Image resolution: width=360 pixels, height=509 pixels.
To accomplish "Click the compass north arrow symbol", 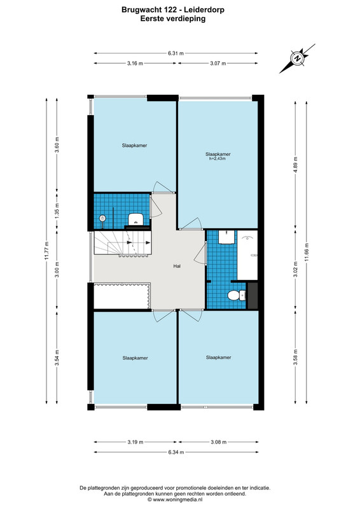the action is (297, 59).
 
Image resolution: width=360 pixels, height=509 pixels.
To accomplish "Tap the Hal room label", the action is (177, 266).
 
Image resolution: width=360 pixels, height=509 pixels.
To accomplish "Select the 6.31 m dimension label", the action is (176, 53).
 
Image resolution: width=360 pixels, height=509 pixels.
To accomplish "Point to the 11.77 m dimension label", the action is (46, 251).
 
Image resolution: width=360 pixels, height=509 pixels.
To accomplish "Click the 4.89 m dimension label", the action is (295, 165).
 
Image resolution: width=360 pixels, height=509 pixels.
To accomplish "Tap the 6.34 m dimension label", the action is (176, 452).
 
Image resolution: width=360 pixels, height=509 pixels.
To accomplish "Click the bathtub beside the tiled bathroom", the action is (247, 255).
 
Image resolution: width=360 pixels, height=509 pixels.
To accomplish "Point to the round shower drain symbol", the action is (102, 218).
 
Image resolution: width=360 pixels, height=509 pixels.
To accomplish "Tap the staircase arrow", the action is (139, 242).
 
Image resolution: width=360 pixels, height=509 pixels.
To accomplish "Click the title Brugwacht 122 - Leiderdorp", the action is (173, 10).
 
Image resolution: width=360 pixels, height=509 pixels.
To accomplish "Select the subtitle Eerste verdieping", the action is (173, 18).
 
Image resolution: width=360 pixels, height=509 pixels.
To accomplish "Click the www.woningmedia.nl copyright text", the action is (175, 499).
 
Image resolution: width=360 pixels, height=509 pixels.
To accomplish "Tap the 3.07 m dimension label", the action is (218, 63).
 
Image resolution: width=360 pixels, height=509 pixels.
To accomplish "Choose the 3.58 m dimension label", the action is (295, 357).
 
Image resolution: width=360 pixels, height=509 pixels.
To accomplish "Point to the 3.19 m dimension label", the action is (135, 442).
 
